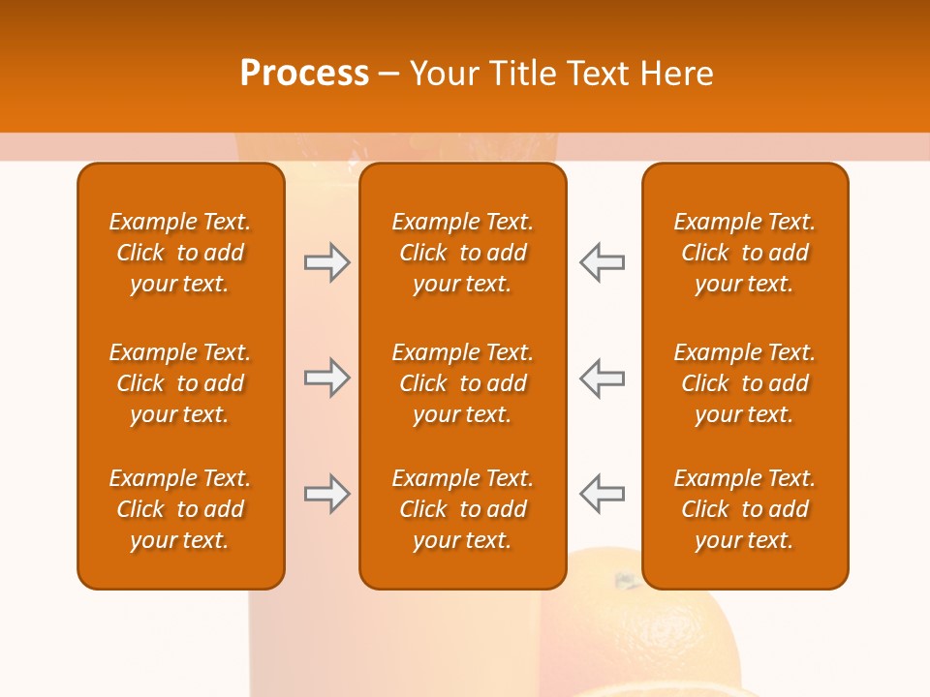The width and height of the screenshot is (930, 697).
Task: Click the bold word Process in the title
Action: [x=304, y=74]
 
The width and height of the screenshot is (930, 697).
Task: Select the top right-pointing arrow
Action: [x=326, y=262]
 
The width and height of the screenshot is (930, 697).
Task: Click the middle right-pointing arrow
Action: [x=326, y=378]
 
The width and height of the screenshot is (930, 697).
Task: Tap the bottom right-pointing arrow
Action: [x=326, y=494]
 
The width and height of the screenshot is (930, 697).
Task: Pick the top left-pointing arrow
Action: [x=602, y=262]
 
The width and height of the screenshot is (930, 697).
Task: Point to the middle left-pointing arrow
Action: [x=602, y=378]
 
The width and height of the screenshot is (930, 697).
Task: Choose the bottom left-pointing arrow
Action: [x=602, y=494]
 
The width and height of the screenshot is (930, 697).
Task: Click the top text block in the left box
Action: [x=180, y=253]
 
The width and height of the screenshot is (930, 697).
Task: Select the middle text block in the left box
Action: [x=180, y=383]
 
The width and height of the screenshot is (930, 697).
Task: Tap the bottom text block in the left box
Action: [x=180, y=509]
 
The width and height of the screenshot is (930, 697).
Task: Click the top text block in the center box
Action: [x=462, y=253]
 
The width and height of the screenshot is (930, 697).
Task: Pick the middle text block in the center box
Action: [x=462, y=383]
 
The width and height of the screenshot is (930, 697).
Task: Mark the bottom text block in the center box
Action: [x=462, y=509]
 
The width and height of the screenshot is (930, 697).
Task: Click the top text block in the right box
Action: [x=744, y=253]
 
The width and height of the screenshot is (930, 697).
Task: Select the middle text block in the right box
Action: [x=744, y=383]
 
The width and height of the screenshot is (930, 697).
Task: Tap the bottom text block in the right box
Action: [x=744, y=509]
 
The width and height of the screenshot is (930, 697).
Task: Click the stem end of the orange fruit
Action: [x=625, y=581]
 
